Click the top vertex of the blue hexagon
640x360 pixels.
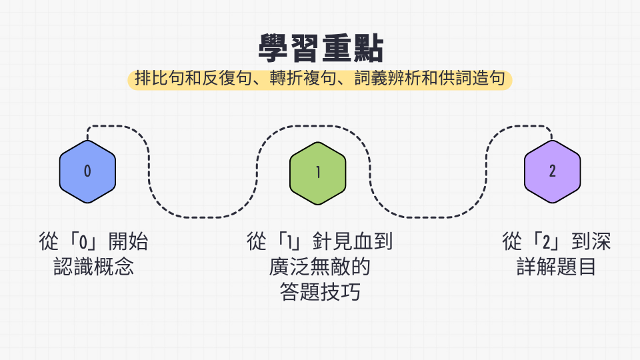click(x=87, y=141)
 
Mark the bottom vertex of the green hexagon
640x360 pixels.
click(x=318, y=205)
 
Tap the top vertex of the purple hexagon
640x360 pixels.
click(x=552, y=141)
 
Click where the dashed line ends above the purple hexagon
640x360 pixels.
click(x=552, y=139)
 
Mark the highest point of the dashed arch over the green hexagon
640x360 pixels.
click(x=313, y=126)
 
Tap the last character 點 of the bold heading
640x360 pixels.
click(x=368, y=49)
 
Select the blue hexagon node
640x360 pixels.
click(x=87, y=172)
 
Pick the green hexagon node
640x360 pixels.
click(x=318, y=173)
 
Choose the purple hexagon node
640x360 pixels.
click(x=552, y=172)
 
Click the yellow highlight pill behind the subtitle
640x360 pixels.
click(x=320, y=79)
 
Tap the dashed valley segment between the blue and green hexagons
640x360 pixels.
click(x=203, y=217)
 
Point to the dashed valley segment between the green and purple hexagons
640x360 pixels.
click(x=429, y=217)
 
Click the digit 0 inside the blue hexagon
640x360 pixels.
click(x=87, y=171)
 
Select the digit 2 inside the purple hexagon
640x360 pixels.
click(x=552, y=171)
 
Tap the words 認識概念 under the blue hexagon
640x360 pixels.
click(x=93, y=267)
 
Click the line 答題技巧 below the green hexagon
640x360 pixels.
click(x=320, y=292)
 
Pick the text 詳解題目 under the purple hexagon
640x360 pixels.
click(x=556, y=267)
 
